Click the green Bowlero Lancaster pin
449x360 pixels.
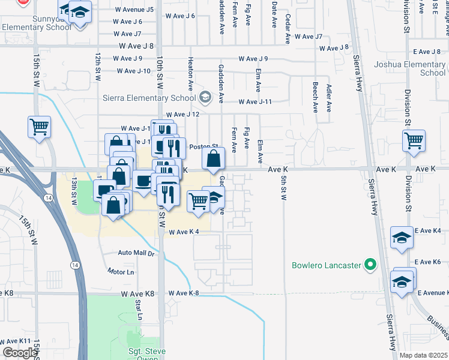(370, 265)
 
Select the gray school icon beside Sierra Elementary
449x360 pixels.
(205, 97)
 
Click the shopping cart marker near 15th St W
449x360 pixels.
(39, 127)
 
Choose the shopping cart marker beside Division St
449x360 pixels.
(414, 142)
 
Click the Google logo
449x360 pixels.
(20, 353)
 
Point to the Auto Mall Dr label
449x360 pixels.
(136, 253)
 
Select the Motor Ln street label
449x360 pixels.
(121, 272)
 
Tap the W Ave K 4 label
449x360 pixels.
(184, 232)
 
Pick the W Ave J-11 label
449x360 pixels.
(255, 101)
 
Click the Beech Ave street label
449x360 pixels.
(315, 98)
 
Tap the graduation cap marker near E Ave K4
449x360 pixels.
(402, 238)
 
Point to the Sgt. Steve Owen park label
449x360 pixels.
(138, 351)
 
